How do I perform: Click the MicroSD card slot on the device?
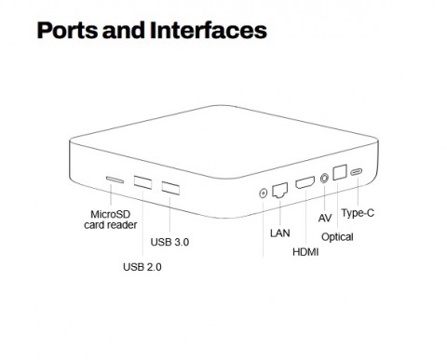pos(115,180)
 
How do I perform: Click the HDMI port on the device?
pos(305,183)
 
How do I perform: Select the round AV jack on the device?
pos(325,178)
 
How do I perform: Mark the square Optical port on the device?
pos(341,173)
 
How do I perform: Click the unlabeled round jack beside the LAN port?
pos(262,194)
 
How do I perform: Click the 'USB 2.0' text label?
pos(142,269)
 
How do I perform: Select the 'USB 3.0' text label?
pos(169,242)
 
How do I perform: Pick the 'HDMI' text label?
pos(305,252)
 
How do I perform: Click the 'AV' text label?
pos(325,218)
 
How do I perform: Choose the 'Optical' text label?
pos(337,237)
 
